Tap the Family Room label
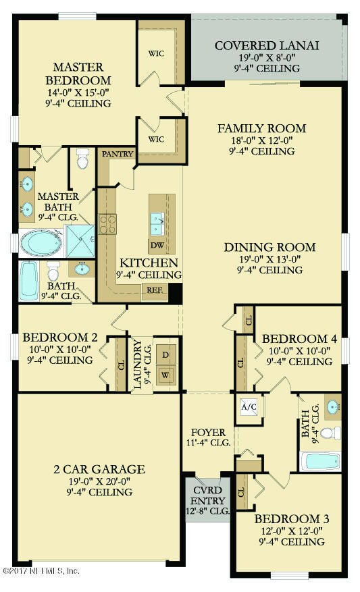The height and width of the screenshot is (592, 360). click(x=261, y=128)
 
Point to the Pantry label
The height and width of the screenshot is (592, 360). click(x=115, y=154)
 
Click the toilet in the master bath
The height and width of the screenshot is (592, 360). click(x=83, y=159)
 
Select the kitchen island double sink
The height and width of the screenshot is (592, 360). click(x=157, y=219)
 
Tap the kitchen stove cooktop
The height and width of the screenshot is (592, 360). click(x=107, y=223)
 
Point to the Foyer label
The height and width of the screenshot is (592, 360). click(x=207, y=431)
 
